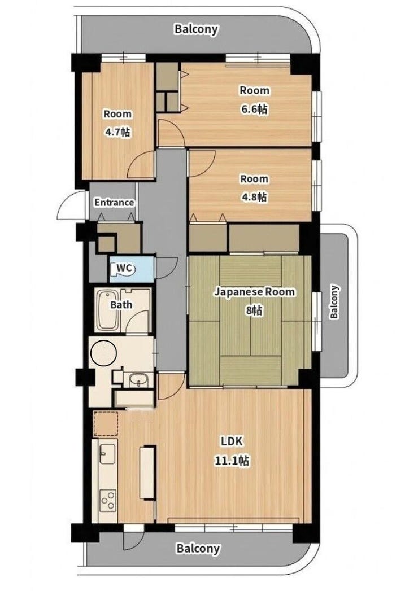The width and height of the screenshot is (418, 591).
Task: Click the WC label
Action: tap(124, 268)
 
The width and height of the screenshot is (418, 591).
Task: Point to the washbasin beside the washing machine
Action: tap(139, 380)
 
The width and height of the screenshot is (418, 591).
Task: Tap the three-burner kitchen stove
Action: tap(108, 501)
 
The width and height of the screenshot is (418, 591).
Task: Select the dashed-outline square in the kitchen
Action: tap(106, 424)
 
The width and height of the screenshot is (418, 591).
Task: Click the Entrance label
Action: tap(114, 203)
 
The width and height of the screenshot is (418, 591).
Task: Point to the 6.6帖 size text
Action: tap(255, 110)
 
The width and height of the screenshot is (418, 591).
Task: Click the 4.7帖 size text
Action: tap(117, 132)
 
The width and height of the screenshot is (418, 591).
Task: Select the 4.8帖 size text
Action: tap(254, 197)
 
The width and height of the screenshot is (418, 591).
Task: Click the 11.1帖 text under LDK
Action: tap(232, 460)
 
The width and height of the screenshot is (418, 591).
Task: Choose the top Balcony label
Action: tap(196, 29)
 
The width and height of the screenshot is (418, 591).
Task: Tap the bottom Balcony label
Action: tap(198, 548)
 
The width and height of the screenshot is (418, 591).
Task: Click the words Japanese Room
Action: tap(255, 292)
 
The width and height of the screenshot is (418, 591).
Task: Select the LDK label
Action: tap(232, 441)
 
